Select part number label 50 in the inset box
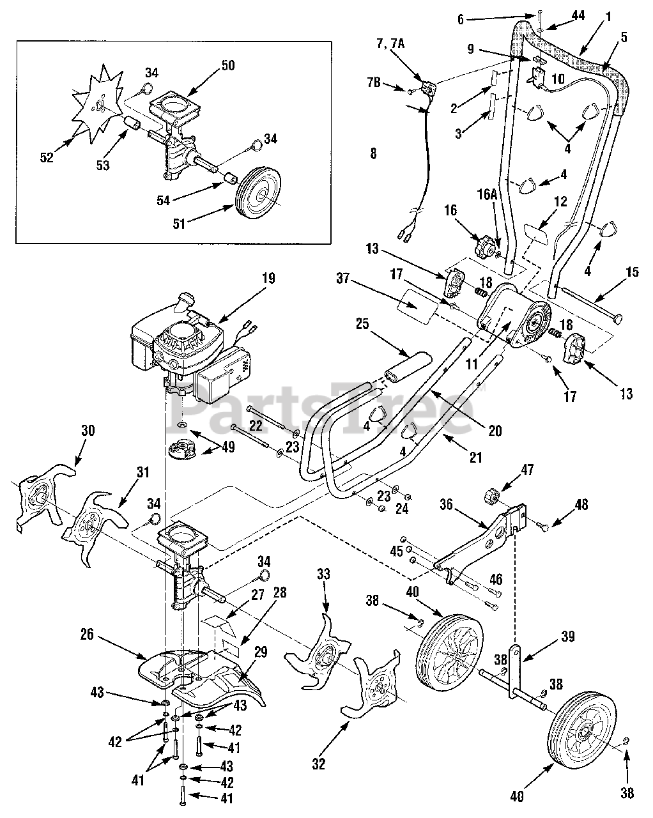[228, 65]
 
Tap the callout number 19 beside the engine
[268, 279]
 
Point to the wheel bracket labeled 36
[481, 544]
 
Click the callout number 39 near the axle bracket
[568, 637]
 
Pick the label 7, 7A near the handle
[390, 44]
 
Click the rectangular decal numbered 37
[416, 306]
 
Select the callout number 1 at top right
[608, 17]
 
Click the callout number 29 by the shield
[261, 652]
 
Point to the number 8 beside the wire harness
[373, 153]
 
